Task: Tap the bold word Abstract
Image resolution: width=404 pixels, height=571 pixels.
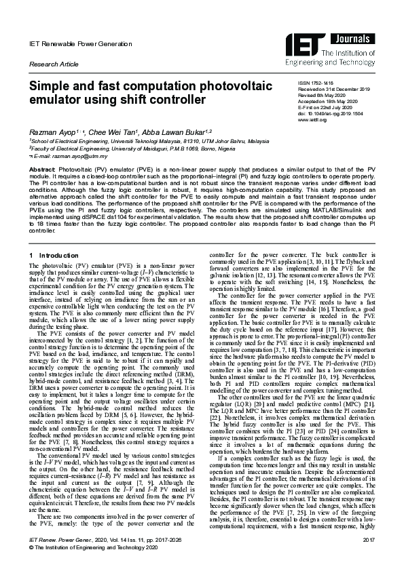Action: [x=41, y=168]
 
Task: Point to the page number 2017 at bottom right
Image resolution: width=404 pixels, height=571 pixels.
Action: [x=369, y=557]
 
